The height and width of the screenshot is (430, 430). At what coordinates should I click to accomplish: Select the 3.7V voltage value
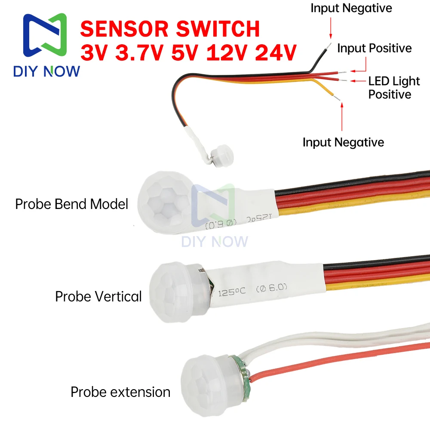(137, 53)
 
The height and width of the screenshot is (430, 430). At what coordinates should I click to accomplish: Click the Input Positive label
(374, 48)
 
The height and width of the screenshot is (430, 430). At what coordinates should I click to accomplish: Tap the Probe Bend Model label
(72, 204)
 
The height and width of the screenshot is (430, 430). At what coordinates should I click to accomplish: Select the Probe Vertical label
(98, 296)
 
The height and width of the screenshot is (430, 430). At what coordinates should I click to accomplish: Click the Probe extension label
(120, 392)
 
